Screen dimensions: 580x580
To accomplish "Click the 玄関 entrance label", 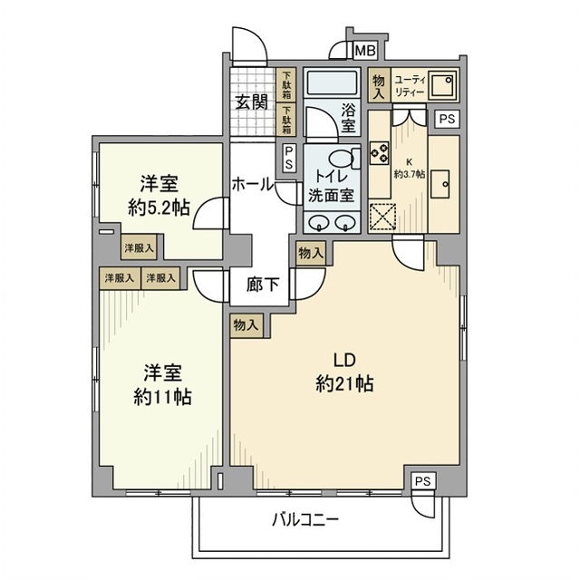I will (x=252, y=101).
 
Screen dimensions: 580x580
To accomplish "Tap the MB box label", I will (x=367, y=51).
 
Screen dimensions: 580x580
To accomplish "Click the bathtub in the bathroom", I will (x=332, y=87).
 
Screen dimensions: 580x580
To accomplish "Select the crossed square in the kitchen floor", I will (x=382, y=218).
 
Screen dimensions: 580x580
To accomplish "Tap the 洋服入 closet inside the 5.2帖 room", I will (x=139, y=247).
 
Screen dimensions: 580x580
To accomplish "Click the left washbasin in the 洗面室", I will (x=320, y=223).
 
